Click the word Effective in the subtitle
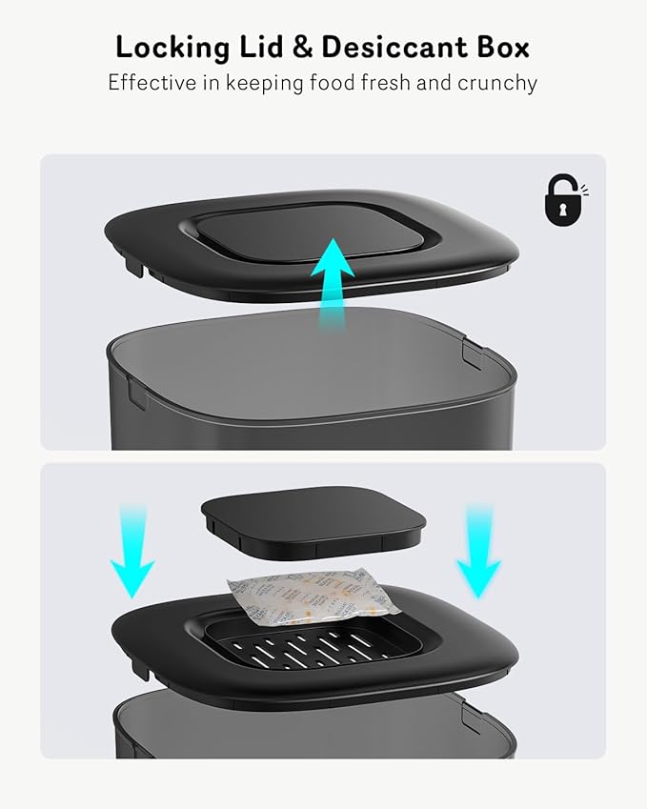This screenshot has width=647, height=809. click(151, 83)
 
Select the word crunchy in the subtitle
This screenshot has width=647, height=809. click(497, 83)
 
